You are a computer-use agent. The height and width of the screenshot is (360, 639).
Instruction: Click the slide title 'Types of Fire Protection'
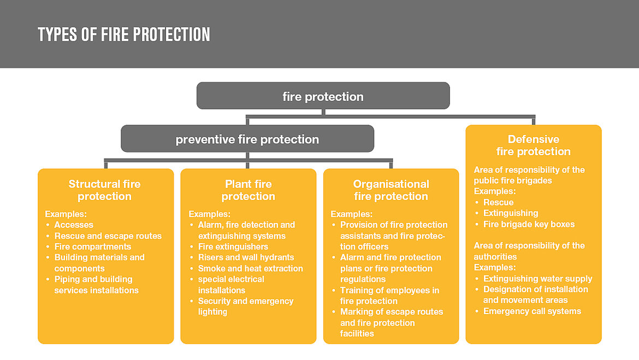124,34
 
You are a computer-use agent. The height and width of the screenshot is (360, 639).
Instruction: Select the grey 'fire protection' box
323,97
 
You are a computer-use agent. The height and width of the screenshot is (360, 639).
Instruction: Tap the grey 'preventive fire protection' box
247,139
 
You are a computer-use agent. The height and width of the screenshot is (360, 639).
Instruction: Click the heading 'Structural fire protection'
105,190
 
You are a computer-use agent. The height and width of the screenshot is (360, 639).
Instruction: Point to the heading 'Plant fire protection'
248,190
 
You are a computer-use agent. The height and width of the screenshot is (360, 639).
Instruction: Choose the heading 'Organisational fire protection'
391,190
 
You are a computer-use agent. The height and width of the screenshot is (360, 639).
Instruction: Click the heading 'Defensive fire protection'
534,145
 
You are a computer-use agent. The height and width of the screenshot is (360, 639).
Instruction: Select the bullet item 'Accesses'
74,225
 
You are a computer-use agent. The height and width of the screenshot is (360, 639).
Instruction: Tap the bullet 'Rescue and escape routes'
108,236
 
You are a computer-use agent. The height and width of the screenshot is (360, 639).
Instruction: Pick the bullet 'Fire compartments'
92,246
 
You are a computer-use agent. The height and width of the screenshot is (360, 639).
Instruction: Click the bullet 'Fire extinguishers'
233,246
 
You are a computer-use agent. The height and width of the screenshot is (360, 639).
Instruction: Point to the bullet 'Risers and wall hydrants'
246,257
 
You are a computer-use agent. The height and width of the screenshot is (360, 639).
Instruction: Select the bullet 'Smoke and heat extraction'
250,268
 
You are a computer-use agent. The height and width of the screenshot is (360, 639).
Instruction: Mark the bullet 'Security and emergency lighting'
245,306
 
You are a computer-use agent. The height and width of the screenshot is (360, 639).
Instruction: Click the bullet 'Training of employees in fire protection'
389,296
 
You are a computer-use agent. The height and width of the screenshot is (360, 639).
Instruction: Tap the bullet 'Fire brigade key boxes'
529,224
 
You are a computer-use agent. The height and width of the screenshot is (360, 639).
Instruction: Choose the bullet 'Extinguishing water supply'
537,279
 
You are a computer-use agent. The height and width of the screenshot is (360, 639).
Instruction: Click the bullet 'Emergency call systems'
532,311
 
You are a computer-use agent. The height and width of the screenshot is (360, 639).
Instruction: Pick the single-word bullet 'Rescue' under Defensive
498,202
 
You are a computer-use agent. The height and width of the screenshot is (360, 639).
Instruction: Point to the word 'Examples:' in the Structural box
66,214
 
